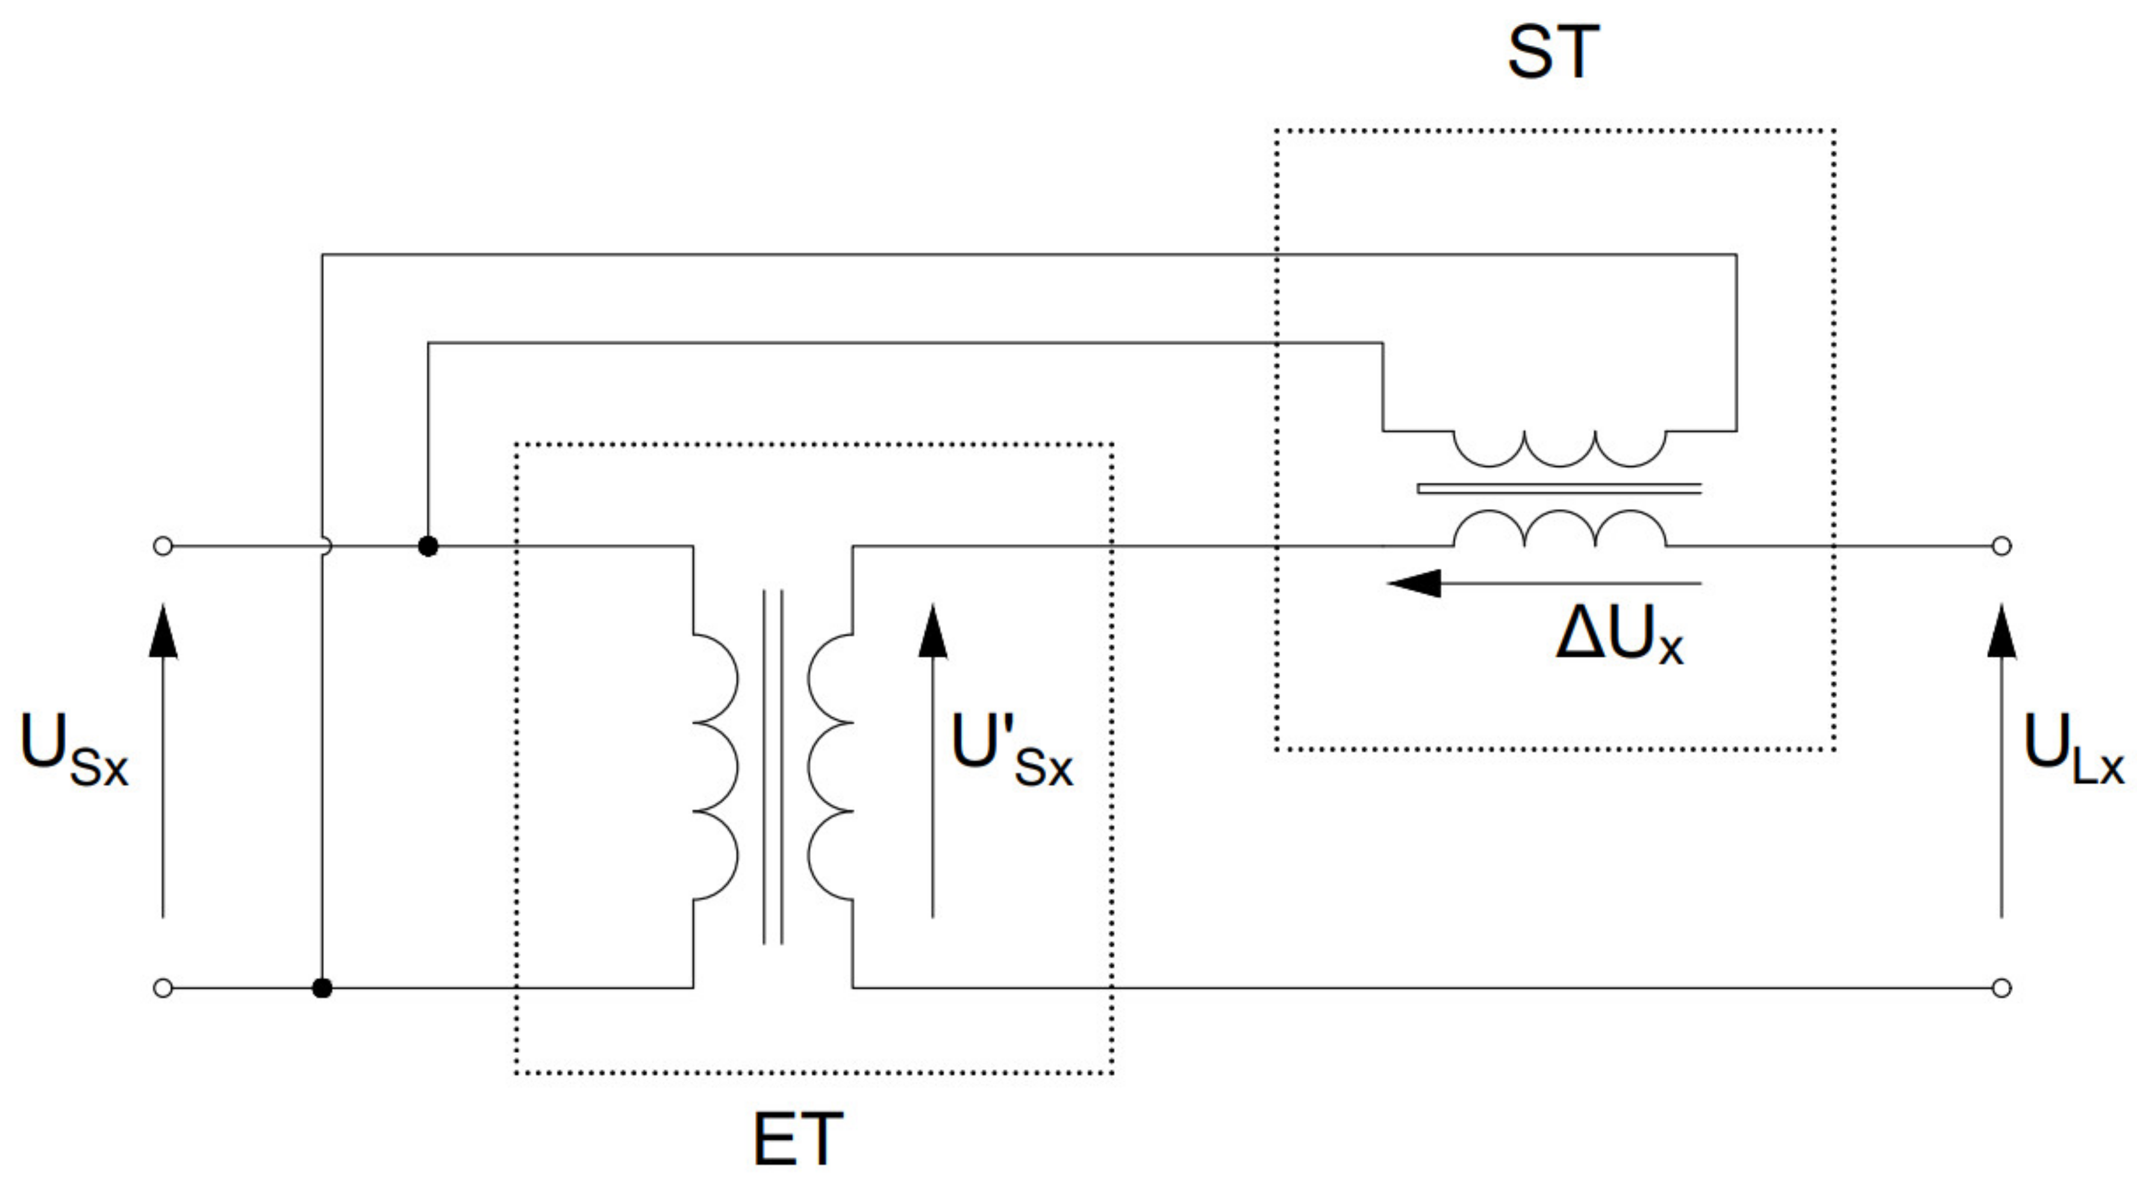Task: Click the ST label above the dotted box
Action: point(1552,52)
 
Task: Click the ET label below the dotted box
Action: point(797,1139)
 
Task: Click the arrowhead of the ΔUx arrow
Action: point(1414,583)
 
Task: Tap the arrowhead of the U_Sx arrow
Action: point(163,632)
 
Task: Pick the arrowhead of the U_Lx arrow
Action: point(2001,632)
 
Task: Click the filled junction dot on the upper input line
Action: point(428,546)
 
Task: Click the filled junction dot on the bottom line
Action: point(322,988)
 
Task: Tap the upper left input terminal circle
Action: point(163,546)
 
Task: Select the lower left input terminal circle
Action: point(163,988)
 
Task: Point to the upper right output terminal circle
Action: point(2001,546)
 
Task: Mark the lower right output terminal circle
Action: point(2001,988)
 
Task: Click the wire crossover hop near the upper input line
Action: point(325,546)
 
